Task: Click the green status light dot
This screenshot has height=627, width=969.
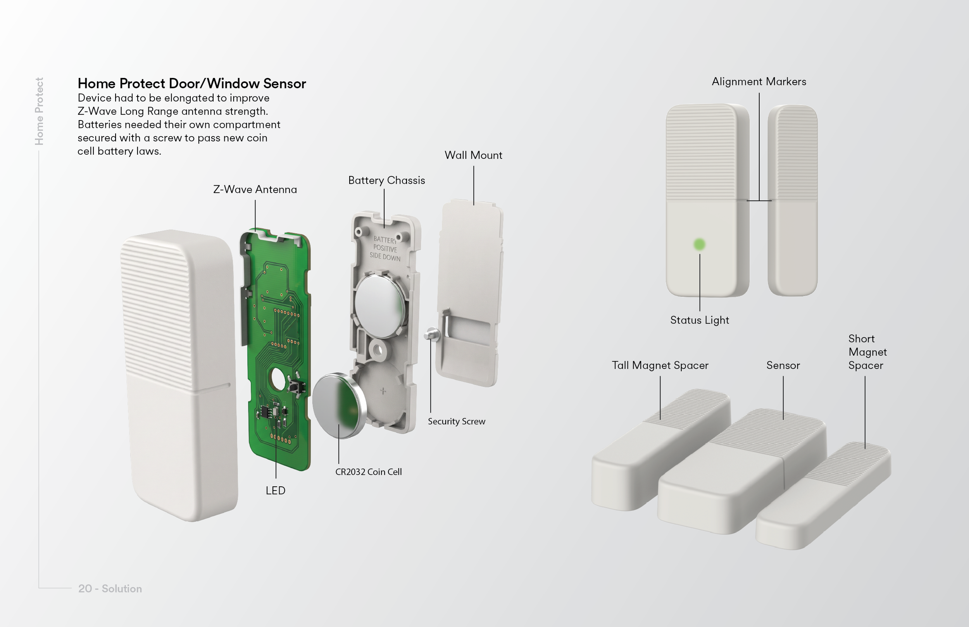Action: point(700,244)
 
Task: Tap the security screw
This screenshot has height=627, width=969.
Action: point(432,334)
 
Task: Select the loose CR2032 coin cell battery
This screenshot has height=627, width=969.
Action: point(339,405)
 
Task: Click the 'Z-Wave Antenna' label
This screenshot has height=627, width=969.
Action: point(255,189)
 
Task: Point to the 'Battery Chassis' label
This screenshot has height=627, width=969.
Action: point(386,180)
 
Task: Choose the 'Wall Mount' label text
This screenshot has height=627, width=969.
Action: point(474,155)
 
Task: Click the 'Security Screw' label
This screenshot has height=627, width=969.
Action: point(457,421)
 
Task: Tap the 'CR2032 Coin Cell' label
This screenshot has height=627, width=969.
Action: point(369,472)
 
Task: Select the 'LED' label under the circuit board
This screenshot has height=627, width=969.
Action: point(276,491)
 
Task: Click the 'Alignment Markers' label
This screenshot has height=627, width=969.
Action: point(759,82)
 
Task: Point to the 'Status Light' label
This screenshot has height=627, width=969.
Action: point(700,320)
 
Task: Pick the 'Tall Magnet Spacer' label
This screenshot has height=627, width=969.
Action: point(660,365)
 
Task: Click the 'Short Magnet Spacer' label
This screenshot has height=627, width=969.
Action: point(867,352)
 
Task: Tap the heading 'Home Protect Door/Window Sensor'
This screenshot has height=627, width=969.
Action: point(192,83)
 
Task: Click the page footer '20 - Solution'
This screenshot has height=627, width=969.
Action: point(110,589)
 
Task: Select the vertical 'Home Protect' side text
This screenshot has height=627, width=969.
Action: point(39,111)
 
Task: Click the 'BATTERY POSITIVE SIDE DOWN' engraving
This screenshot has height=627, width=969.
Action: point(385,248)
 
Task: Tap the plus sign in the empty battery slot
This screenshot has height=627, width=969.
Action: point(383,391)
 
